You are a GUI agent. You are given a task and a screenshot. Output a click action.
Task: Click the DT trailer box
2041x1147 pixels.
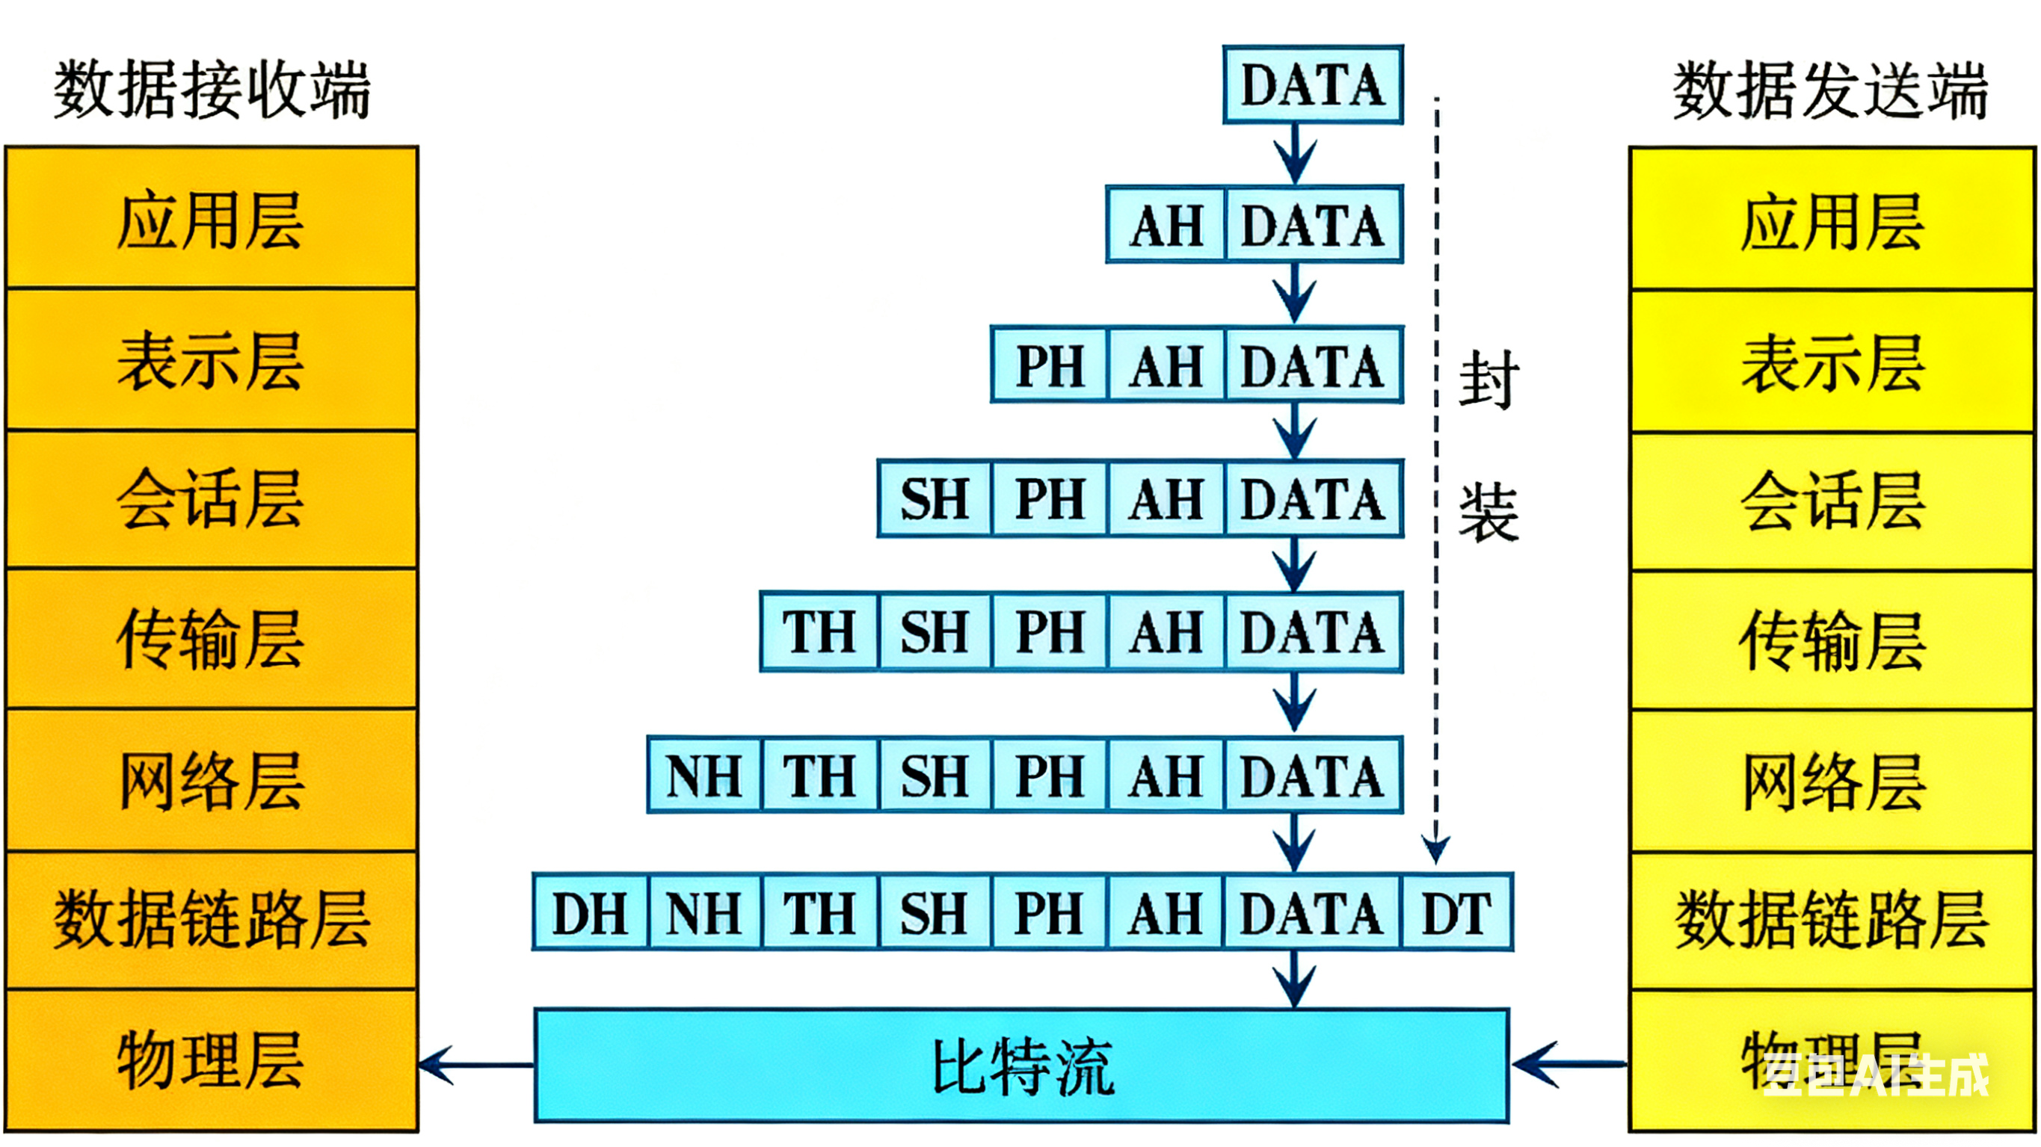1456,912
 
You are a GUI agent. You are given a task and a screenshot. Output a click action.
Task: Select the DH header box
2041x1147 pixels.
591,912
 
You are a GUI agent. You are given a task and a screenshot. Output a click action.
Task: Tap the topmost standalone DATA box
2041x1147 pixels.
1313,84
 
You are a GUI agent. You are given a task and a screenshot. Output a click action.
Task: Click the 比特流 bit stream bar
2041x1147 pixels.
1022,1066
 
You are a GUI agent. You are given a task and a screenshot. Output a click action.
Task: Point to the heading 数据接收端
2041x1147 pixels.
212,90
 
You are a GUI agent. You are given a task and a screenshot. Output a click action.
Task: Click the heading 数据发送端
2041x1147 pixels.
1830,90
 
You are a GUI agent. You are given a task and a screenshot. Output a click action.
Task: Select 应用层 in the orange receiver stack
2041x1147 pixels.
212,220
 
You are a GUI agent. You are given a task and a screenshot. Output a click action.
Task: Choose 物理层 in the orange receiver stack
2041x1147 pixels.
212,1060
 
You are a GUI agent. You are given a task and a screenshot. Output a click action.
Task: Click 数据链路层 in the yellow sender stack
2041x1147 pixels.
1832,919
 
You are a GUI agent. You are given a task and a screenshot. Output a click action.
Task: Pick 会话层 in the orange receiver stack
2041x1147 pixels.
212,499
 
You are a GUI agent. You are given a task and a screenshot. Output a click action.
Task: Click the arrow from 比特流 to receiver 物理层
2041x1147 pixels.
475,1065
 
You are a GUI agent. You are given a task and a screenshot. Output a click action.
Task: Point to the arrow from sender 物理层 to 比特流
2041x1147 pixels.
1569,1065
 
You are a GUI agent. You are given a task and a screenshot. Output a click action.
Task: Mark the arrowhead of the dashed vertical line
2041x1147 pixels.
1436,851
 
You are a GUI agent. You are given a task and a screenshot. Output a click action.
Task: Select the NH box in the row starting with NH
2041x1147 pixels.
704,776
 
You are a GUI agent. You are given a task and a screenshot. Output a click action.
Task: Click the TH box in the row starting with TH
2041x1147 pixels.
819,632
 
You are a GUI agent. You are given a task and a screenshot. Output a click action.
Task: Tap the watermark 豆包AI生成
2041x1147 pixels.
1874,1075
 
